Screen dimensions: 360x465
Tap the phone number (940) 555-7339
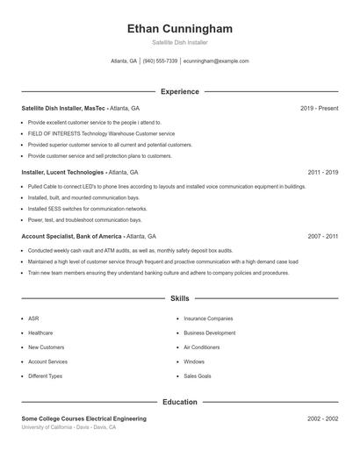pyautogui.click(x=160, y=61)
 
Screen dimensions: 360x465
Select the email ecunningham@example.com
pyautogui.click(x=216, y=61)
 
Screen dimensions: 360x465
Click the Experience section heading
pyautogui.click(x=179, y=91)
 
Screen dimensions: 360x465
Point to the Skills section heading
pyautogui.click(x=179, y=299)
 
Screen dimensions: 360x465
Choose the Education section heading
pyautogui.click(x=179, y=402)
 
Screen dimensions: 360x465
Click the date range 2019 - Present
pyautogui.click(x=319, y=108)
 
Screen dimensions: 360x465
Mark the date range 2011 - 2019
pyautogui.click(x=322, y=172)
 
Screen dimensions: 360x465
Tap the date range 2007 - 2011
pyautogui.click(x=322, y=236)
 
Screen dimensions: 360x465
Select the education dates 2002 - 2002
pyautogui.click(x=322, y=418)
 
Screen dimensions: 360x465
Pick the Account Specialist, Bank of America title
pyautogui.click(x=73, y=236)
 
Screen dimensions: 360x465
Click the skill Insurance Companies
pyautogui.click(x=208, y=318)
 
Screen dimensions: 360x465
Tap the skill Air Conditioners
pyautogui.click(x=202, y=347)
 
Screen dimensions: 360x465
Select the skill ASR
pyautogui.click(x=33, y=318)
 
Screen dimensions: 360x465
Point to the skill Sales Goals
pyautogui.click(x=198, y=376)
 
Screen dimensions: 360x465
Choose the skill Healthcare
pyautogui.click(x=40, y=333)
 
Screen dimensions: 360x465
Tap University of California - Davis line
pyautogui.click(x=68, y=427)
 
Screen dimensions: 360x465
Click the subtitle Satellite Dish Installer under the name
pyautogui.click(x=179, y=42)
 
